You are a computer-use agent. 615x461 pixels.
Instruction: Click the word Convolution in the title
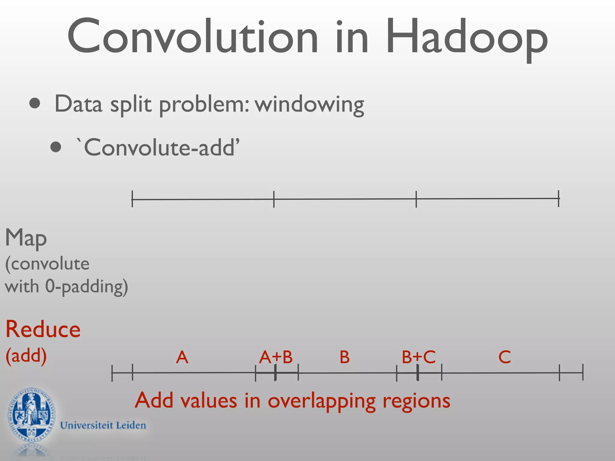click(x=192, y=37)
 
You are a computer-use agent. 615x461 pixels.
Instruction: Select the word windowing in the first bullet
click(x=309, y=104)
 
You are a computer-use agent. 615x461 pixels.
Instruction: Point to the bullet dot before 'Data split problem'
click(x=35, y=104)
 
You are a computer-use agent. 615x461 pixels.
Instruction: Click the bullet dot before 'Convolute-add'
click(x=56, y=147)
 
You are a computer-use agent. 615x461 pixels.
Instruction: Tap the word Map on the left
click(x=26, y=238)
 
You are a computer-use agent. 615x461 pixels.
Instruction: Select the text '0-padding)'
click(x=86, y=287)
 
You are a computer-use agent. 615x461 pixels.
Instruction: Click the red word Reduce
click(x=43, y=330)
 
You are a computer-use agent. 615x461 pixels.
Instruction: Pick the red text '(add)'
click(x=26, y=356)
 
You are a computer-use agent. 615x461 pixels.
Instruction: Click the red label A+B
click(x=276, y=357)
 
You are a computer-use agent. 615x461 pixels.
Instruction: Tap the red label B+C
click(x=419, y=357)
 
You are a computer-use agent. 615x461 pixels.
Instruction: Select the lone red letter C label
click(x=504, y=357)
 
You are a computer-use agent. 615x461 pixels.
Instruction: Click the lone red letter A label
click(x=182, y=357)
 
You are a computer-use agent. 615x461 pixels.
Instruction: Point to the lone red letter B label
click(x=344, y=357)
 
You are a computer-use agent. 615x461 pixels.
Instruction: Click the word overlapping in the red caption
click(x=322, y=401)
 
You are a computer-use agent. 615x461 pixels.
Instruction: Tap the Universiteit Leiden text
click(x=103, y=425)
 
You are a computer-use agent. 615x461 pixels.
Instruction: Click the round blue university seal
click(x=32, y=415)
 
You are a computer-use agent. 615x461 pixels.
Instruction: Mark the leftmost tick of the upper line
click(x=132, y=199)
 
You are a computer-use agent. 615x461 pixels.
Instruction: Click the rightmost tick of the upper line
click(x=559, y=198)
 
